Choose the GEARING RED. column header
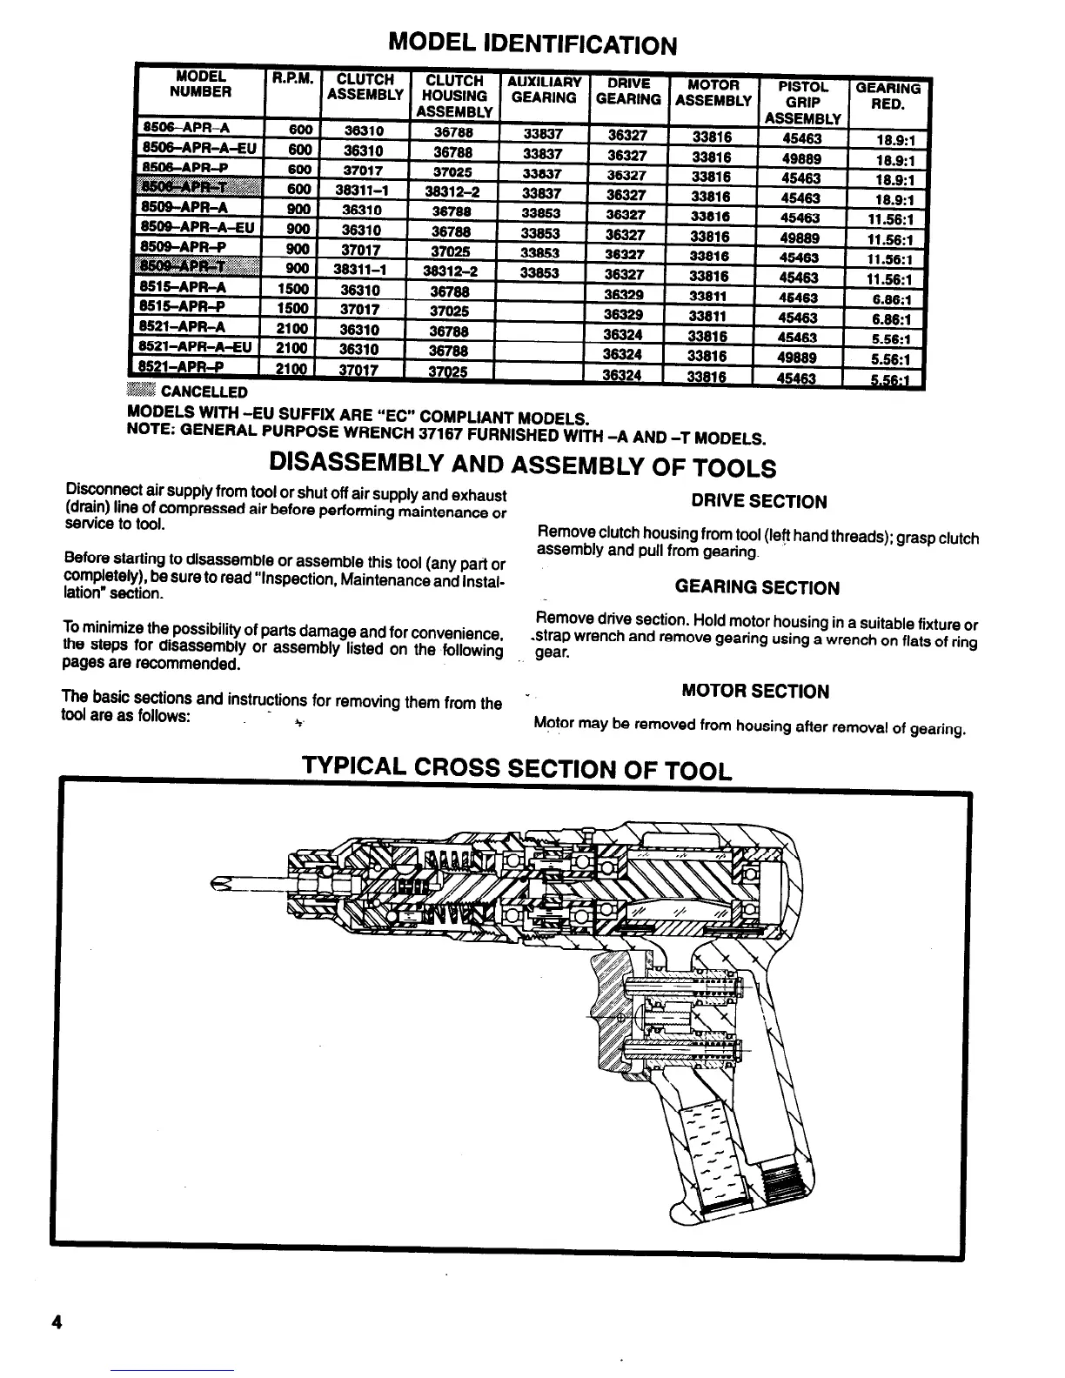[x=888, y=96]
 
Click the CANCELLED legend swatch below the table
[x=140, y=391]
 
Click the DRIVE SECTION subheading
[x=759, y=502]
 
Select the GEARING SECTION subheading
[x=757, y=588]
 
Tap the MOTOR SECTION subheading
[x=755, y=692]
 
